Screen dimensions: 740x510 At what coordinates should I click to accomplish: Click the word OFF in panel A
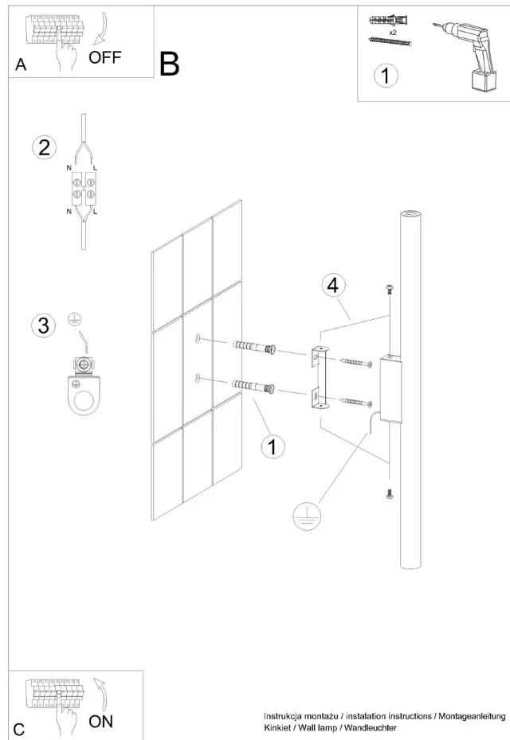tap(105, 57)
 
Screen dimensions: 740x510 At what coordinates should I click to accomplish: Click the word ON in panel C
tap(101, 722)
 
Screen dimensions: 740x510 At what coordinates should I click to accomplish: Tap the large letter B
tap(169, 64)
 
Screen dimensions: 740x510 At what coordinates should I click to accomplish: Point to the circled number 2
tap(44, 147)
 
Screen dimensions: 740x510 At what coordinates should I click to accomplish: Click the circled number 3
tap(44, 325)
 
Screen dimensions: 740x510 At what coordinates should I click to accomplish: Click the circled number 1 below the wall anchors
tap(273, 447)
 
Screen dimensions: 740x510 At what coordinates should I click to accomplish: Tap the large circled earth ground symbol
tap(306, 516)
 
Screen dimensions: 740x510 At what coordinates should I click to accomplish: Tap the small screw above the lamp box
tap(390, 290)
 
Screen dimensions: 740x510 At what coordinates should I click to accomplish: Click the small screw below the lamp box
tap(390, 494)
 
